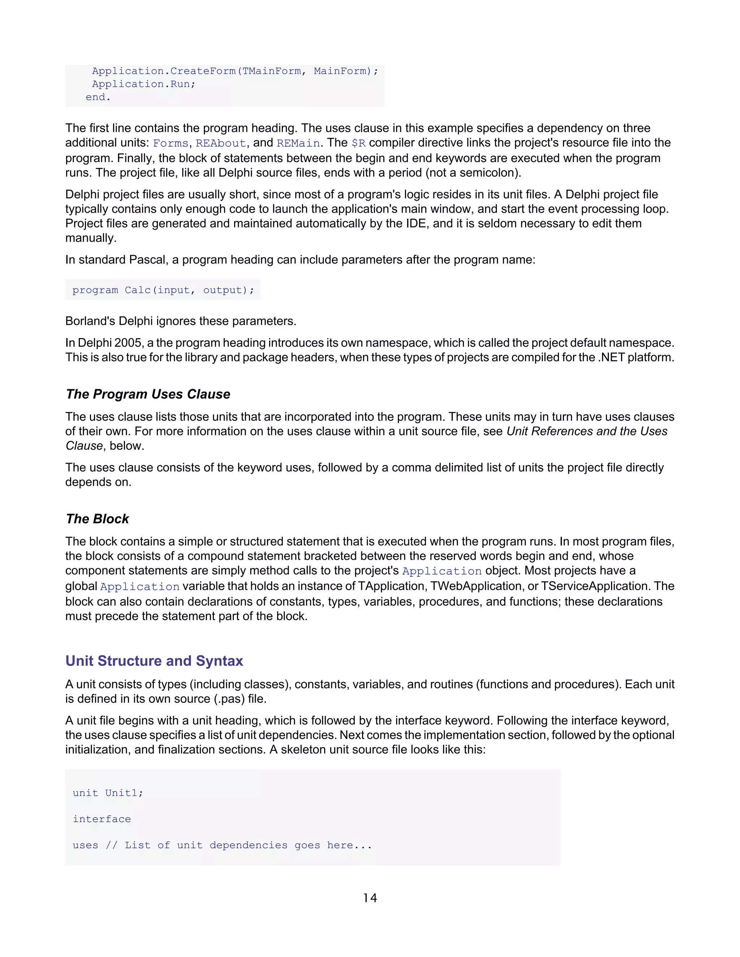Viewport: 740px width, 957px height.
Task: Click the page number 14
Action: click(x=370, y=898)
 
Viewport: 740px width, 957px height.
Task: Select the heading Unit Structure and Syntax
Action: click(x=154, y=661)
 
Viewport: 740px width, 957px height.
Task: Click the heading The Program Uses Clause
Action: click(x=148, y=394)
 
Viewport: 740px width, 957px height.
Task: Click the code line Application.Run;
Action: click(x=143, y=84)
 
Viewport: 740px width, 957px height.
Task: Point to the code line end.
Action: click(x=98, y=97)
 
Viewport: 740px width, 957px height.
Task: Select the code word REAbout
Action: click(x=220, y=143)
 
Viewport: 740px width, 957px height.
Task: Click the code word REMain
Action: click(x=298, y=143)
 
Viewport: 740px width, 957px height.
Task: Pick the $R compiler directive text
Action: click(x=358, y=143)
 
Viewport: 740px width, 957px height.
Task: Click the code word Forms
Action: click(x=170, y=143)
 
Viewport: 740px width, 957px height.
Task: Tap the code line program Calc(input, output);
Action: click(x=163, y=290)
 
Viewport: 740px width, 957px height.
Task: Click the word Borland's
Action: click(x=90, y=321)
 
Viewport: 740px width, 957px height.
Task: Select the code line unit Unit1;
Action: click(x=108, y=793)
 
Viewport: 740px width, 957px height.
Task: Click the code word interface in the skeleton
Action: click(x=102, y=819)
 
